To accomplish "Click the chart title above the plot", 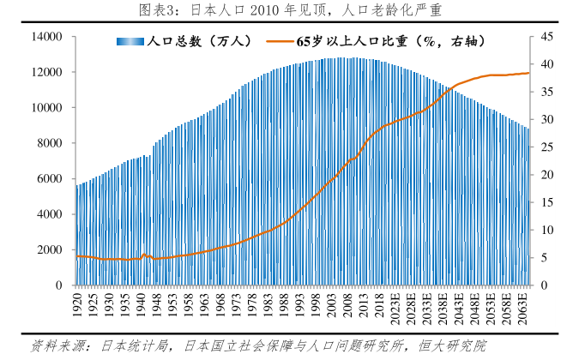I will point(286,10).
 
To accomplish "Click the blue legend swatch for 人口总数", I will point(131,41).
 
